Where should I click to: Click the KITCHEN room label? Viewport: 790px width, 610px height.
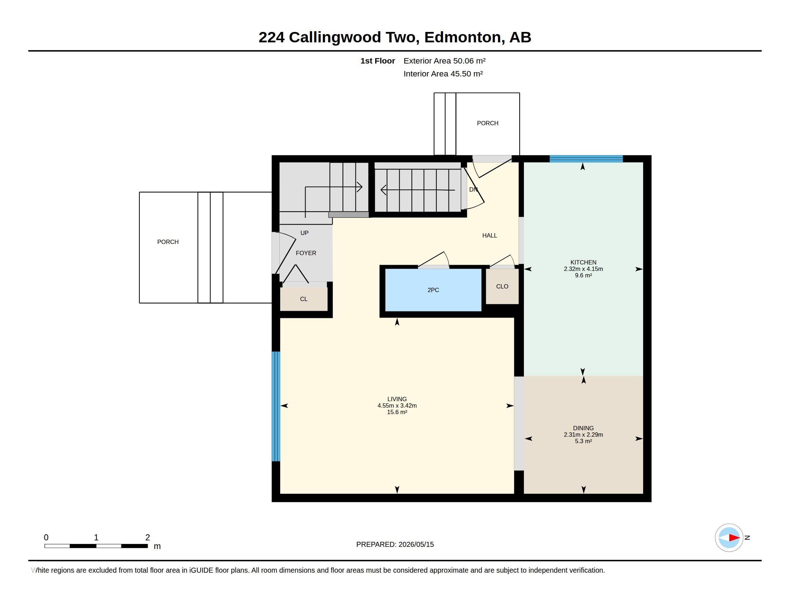click(583, 262)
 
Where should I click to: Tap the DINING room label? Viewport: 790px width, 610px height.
click(583, 428)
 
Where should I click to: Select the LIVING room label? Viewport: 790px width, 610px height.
click(397, 399)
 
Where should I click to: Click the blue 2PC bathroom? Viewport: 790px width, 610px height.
click(433, 290)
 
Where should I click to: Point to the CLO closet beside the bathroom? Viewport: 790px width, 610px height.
click(502, 287)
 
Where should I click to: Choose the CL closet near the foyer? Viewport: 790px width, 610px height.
click(304, 299)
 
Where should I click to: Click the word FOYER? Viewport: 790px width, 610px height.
click(306, 253)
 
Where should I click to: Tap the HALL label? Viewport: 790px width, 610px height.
click(489, 236)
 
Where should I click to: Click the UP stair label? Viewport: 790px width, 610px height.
click(305, 233)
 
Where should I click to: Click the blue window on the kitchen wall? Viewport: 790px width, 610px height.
click(586, 159)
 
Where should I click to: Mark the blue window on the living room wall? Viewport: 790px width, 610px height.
click(276, 406)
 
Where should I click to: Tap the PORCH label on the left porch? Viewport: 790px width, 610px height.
click(168, 242)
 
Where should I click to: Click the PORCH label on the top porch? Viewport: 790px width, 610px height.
click(488, 123)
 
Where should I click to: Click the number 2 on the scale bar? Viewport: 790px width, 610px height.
click(148, 538)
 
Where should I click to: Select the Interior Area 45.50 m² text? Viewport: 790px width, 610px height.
click(443, 74)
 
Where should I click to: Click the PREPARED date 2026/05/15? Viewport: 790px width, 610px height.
click(416, 544)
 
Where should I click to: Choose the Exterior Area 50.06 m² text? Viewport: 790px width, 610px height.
click(445, 61)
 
